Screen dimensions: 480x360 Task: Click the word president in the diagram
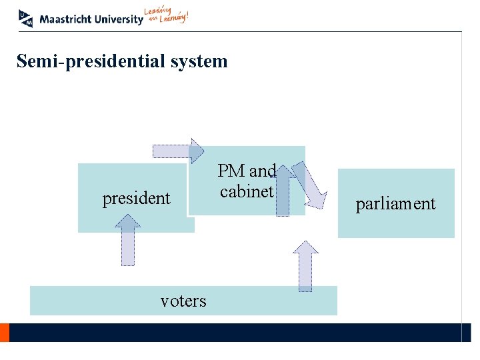tap(136, 198)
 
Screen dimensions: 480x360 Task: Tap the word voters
tap(183, 301)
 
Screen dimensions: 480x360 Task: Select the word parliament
tap(395, 203)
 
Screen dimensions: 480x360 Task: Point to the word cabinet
tap(247, 192)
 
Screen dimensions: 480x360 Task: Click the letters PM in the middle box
tap(232, 171)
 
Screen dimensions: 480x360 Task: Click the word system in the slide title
tap(199, 62)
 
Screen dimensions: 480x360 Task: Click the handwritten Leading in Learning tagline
tap(166, 16)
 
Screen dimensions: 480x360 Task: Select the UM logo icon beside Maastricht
tap(27, 18)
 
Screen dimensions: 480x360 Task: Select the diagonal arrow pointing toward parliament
tap(313, 186)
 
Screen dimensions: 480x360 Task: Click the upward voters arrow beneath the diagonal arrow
tap(305, 266)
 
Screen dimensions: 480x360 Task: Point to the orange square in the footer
tap(4, 333)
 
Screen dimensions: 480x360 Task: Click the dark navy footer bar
tap(233, 333)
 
